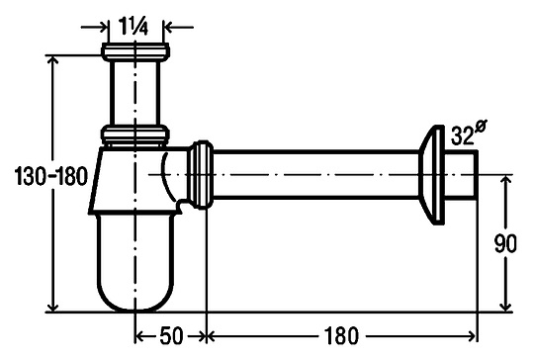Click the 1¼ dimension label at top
[x=133, y=26]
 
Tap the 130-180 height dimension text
[x=51, y=177]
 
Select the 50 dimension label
[x=171, y=336]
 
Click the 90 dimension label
[x=505, y=243]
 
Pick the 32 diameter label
[x=468, y=134]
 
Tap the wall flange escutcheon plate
[x=432, y=175]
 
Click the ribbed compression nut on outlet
[x=201, y=174]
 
